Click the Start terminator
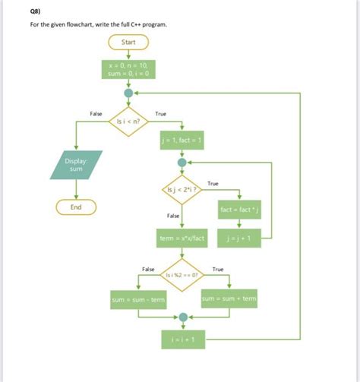pyautogui.click(x=128, y=43)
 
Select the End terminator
pyautogui.click(x=76, y=207)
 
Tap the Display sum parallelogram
pyautogui.click(x=76, y=165)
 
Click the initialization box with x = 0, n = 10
pyautogui.click(x=128, y=70)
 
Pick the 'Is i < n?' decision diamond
pyautogui.click(x=128, y=122)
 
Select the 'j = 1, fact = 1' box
pyautogui.click(x=182, y=142)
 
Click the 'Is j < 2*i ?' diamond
pyautogui.click(x=182, y=189)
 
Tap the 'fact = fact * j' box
pyautogui.click(x=240, y=208)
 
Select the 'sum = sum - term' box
pyautogui.click(x=137, y=300)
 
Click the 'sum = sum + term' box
pyautogui.click(x=229, y=300)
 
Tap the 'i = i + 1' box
pyautogui.click(x=182, y=341)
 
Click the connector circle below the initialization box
pyautogui.click(x=128, y=94)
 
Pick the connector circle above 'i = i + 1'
pyautogui.click(x=182, y=318)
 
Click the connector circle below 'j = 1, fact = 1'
pyautogui.click(x=182, y=162)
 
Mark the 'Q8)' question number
pyautogui.click(x=36, y=11)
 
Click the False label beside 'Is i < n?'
pyautogui.click(x=96, y=113)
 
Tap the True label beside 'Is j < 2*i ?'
pyautogui.click(x=213, y=183)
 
